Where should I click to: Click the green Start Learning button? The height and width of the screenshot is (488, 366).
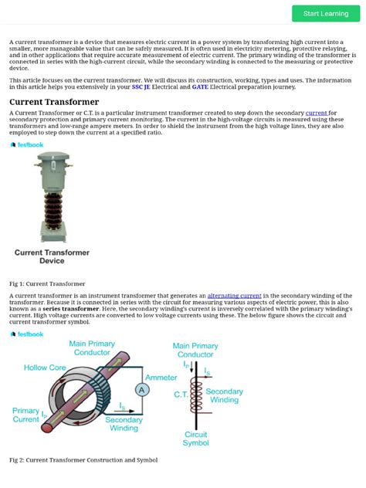[325, 13]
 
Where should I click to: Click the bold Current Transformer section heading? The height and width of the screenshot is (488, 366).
[54, 102]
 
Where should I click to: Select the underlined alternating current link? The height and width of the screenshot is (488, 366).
[235, 296]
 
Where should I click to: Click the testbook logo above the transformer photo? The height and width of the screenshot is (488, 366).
[27, 144]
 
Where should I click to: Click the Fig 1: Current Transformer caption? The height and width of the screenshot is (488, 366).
[47, 284]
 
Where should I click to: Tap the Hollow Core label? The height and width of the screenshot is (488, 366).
[44, 368]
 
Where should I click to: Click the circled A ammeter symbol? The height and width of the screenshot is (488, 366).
[142, 391]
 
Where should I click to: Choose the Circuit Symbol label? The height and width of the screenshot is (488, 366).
[195, 439]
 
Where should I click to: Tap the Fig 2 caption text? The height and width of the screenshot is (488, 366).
[83, 460]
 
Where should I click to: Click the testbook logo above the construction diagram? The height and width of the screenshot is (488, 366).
[27, 334]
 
